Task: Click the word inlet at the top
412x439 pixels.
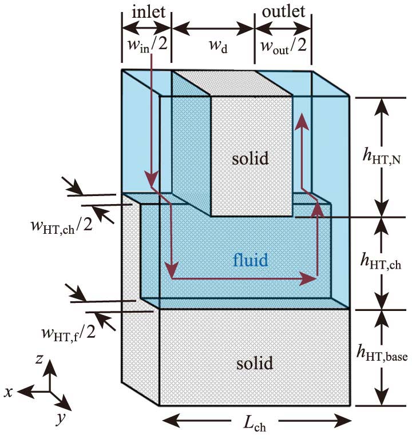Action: tap(146, 12)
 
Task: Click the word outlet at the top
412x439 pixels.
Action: tap(283, 12)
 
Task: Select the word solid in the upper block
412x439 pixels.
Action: tap(250, 158)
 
